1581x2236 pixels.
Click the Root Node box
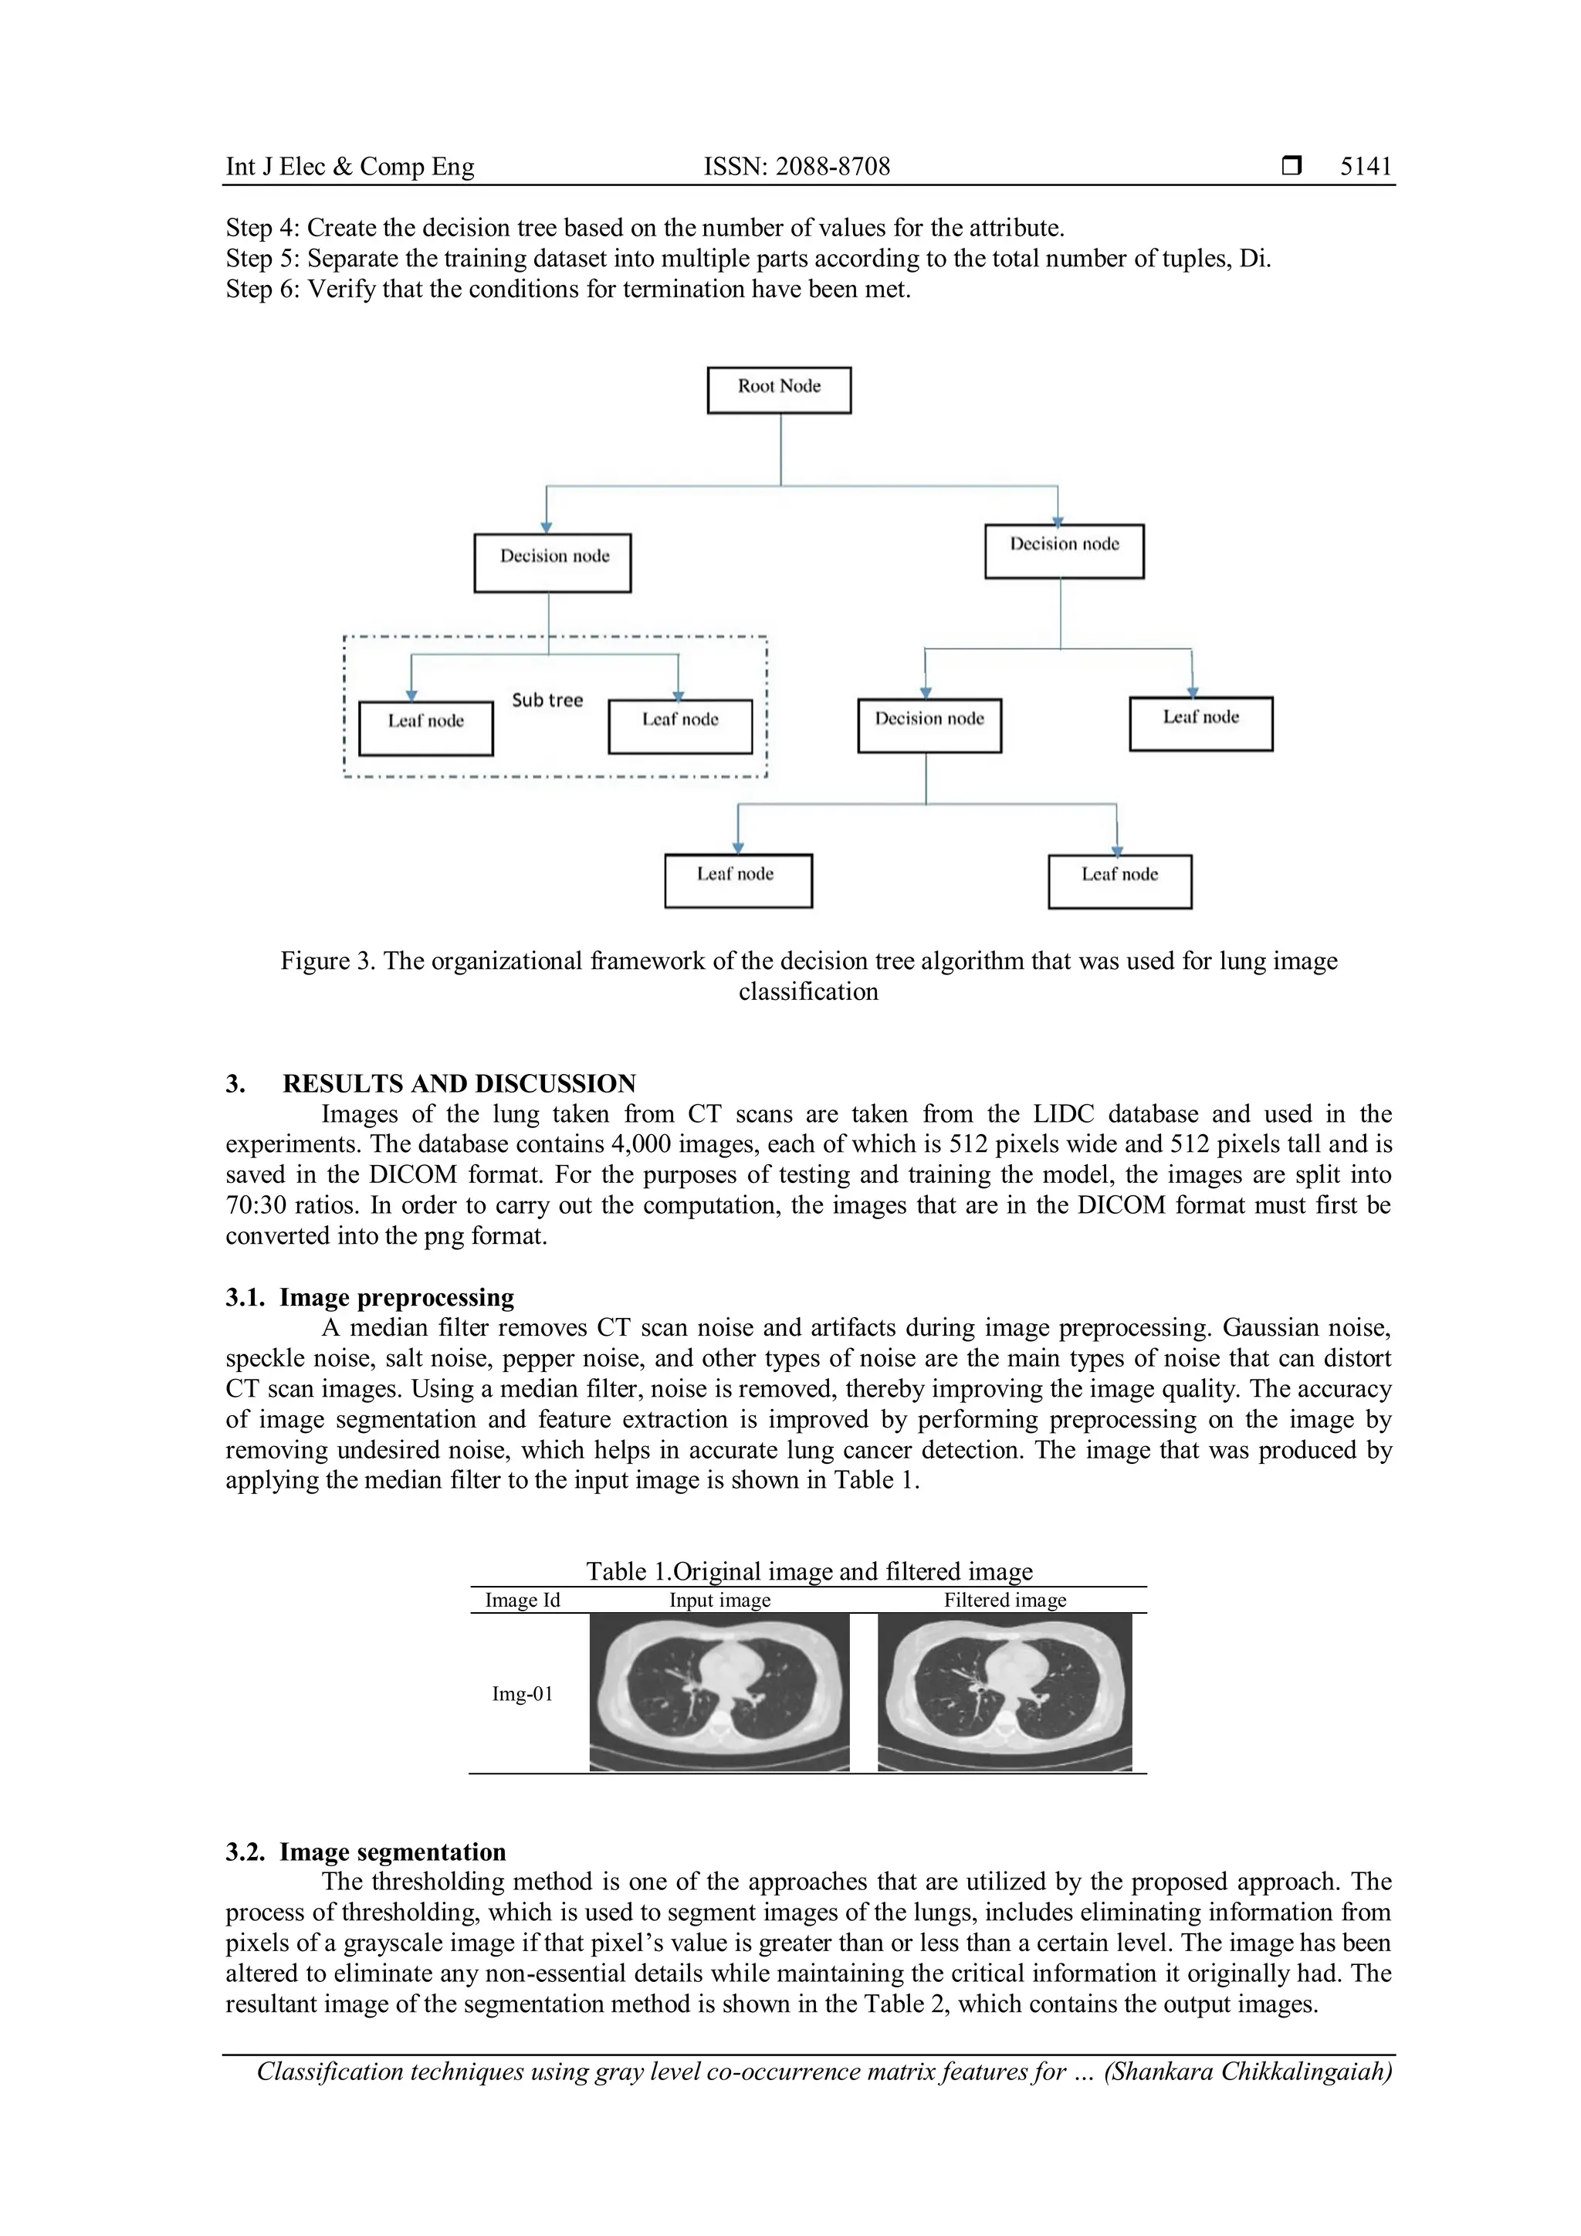pos(779,390)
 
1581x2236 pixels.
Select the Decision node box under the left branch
pos(553,562)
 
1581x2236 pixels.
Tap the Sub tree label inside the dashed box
pos(547,700)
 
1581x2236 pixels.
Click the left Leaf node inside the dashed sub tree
pos(425,727)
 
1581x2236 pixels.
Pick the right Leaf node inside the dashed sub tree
pos(679,726)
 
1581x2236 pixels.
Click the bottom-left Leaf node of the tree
pos(738,880)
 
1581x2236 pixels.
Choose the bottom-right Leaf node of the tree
pos(1119,880)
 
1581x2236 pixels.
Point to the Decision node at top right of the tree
pos(1064,551)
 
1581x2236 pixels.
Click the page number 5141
pos(1365,167)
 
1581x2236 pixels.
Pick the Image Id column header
pos(522,1600)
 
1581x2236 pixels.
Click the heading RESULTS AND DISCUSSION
pos(459,1083)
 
